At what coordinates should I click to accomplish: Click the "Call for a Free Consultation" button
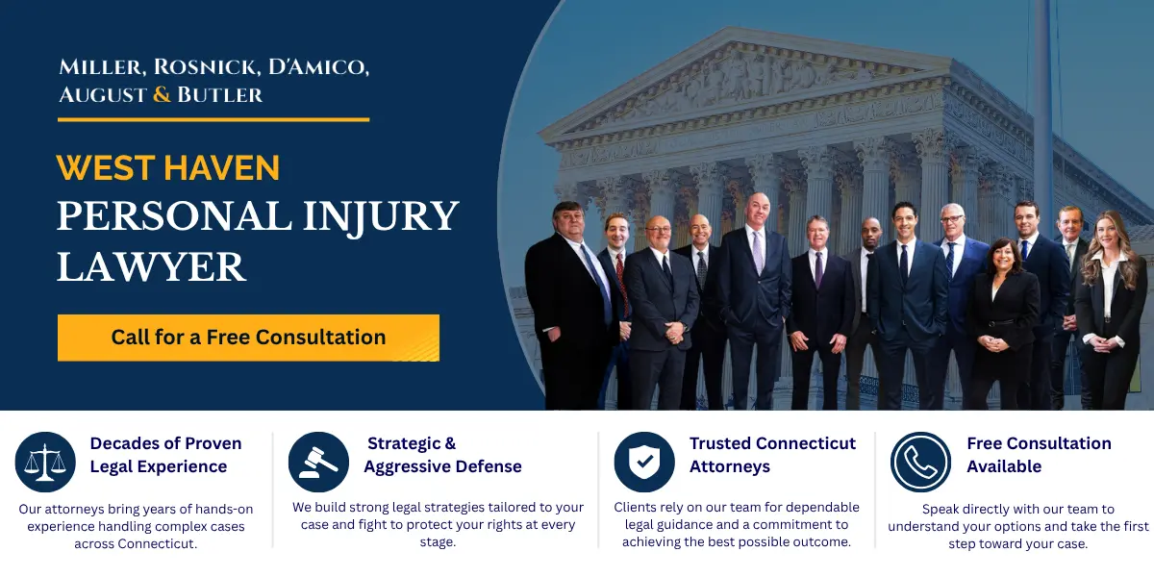[x=248, y=338]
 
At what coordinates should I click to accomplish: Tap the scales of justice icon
[x=45, y=462]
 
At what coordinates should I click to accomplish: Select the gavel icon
[x=318, y=462]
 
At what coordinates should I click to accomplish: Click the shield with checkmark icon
[x=643, y=462]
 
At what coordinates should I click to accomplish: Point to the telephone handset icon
[x=920, y=462]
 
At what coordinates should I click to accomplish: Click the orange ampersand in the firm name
[x=162, y=94]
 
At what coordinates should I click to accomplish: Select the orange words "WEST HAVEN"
[x=168, y=168]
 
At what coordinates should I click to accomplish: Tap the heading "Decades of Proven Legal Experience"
[x=165, y=455]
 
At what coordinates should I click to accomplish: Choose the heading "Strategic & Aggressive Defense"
[x=442, y=455]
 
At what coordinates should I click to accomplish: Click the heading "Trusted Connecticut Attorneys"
[x=771, y=455]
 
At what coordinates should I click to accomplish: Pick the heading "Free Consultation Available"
[x=1039, y=455]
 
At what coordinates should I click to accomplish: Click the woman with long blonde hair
[x=1111, y=298]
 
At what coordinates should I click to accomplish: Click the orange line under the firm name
[x=213, y=119]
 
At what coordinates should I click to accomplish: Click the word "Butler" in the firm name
[x=219, y=94]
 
